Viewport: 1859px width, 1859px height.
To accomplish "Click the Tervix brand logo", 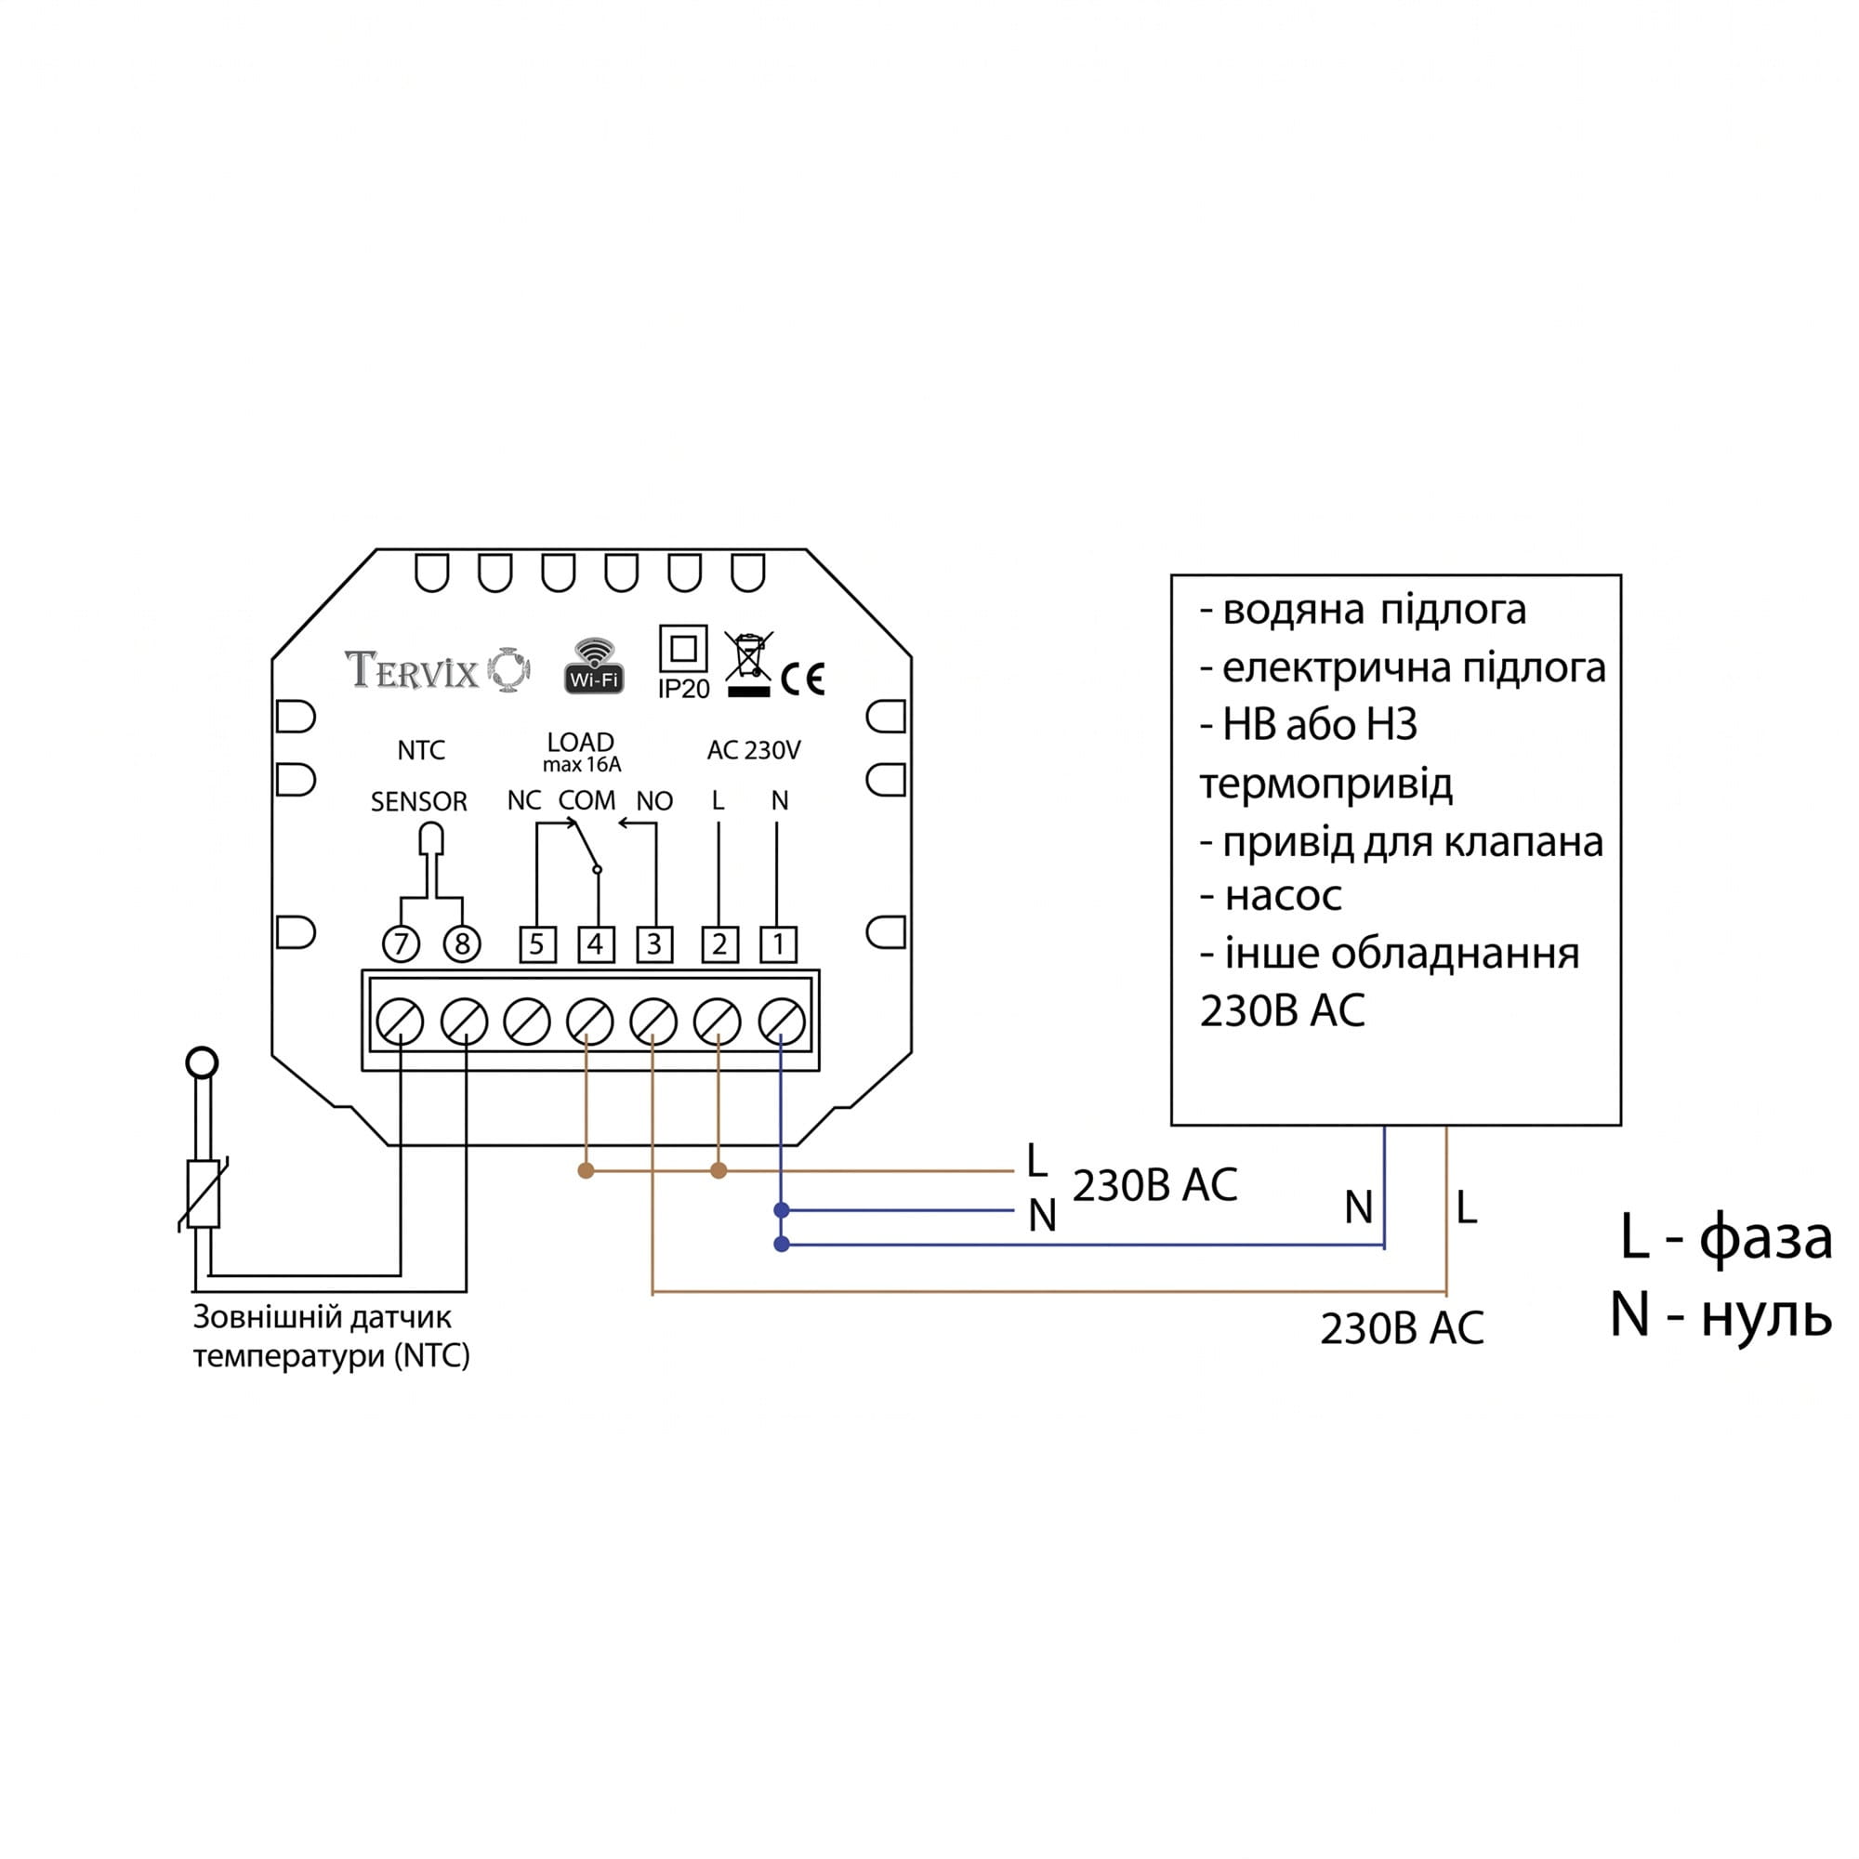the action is pyautogui.click(x=438, y=669).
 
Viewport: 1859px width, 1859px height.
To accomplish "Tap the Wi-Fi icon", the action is pyautogui.click(x=594, y=665).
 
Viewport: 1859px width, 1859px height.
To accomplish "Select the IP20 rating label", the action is pyautogui.click(x=683, y=663).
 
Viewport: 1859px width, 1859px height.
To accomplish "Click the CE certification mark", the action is pyautogui.click(x=802, y=679).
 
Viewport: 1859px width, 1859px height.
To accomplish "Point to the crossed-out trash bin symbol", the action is pyautogui.click(x=747, y=663).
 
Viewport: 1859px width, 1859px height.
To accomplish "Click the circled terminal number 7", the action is pyautogui.click(x=402, y=944).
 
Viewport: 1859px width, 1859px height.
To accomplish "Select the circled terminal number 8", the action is pyautogui.click(x=462, y=944).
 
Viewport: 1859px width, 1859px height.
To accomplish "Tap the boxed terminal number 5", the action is pyautogui.click(x=537, y=944).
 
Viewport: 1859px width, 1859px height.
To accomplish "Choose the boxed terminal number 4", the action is pyautogui.click(x=596, y=944).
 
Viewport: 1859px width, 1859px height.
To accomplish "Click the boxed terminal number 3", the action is pyautogui.click(x=654, y=944).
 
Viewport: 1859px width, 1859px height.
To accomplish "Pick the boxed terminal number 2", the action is pyautogui.click(x=719, y=944).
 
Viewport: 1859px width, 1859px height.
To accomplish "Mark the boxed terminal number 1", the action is pyautogui.click(x=778, y=944).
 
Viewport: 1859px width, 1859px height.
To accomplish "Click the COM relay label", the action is pyautogui.click(x=587, y=800).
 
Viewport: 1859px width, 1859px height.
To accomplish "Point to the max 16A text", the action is pyautogui.click(x=582, y=765).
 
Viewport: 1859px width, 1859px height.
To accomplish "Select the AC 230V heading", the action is pyautogui.click(x=754, y=750).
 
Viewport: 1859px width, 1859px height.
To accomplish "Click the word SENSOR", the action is pyautogui.click(x=418, y=801).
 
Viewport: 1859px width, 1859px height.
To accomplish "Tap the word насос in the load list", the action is pyautogui.click(x=1283, y=897).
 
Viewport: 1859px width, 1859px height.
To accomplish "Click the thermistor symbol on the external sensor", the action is pyautogui.click(x=203, y=1194).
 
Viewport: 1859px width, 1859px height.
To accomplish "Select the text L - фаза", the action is pyautogui.click(x=1726, y=1238).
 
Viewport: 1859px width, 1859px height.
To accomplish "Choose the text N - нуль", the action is pyautogui.click(x=1721, y=1315).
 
